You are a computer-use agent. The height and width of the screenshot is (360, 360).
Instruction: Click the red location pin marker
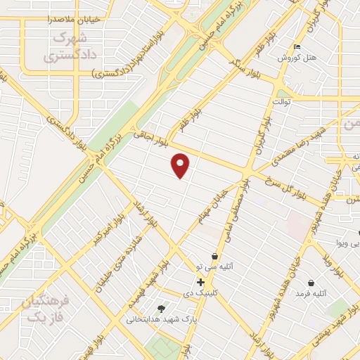tap(181, 165)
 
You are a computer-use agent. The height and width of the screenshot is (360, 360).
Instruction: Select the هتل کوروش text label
tap(294, 58)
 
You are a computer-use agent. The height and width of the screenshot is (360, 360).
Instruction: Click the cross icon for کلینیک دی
tap(201, 282)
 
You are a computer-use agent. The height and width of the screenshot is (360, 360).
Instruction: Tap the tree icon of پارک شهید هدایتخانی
tap(162, 308)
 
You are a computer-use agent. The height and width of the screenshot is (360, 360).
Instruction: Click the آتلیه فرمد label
tap(312, 292)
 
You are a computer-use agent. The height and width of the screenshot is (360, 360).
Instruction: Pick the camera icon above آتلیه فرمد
tap(310, 283)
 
